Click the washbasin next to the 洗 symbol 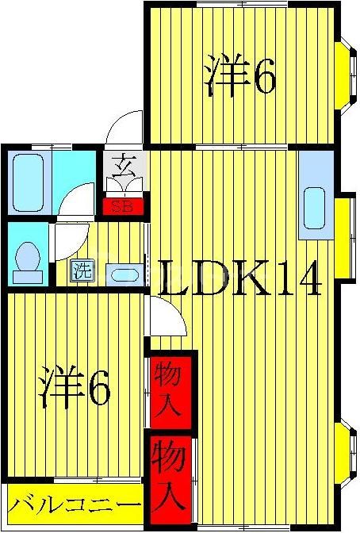coord(124,274)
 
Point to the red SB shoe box coord(122,209)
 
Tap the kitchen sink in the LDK coord(314,208)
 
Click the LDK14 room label coord(238,278)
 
